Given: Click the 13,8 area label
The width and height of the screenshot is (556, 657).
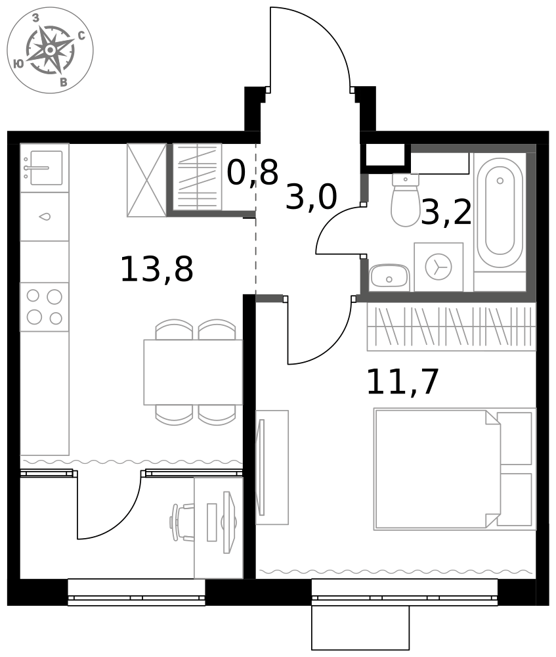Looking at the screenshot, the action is (x=157, y=269).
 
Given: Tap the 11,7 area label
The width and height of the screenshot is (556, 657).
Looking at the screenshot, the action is (x=403, y=381).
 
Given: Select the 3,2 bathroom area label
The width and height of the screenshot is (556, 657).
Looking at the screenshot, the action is (x=446, y=212).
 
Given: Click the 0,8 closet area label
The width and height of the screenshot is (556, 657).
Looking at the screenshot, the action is (x=253, y=171).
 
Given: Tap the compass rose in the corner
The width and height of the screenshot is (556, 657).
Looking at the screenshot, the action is (x=51, y=51).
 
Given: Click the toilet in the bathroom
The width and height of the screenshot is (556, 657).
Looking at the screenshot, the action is (x=405, y=200).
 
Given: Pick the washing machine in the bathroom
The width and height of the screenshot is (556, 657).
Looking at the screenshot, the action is (x=438, y=267).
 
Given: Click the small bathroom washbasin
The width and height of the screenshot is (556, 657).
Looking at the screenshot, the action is (x=389, y=276).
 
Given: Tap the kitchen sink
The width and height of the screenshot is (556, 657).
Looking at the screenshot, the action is (x=45, y=168).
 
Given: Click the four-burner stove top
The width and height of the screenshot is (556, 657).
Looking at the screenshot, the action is (x=45, y=307).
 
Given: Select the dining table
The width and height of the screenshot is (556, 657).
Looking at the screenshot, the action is (x=193, y=372).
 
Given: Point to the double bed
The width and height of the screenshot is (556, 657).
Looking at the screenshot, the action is (x=455, y=469).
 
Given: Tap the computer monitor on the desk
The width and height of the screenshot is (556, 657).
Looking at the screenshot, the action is (x=228, y=522).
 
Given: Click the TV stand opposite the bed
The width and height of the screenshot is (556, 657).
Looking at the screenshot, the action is (x=272, y=467).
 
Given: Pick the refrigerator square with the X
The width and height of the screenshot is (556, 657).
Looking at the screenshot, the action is (x=146, y=180).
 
